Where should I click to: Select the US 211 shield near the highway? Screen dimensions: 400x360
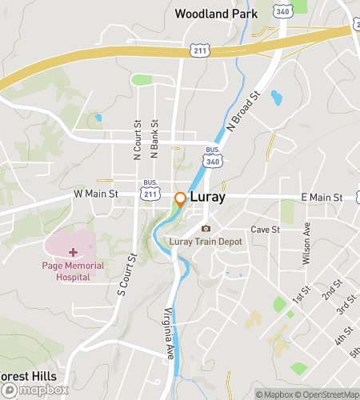199,50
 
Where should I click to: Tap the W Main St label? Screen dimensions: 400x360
96,194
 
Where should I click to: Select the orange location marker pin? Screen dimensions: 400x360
181,199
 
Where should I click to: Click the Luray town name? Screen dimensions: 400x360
208,197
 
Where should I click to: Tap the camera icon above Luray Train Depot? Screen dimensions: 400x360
206,229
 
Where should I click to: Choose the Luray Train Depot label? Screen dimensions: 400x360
206,242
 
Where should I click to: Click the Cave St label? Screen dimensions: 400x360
264,230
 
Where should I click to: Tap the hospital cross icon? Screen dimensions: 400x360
73,252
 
